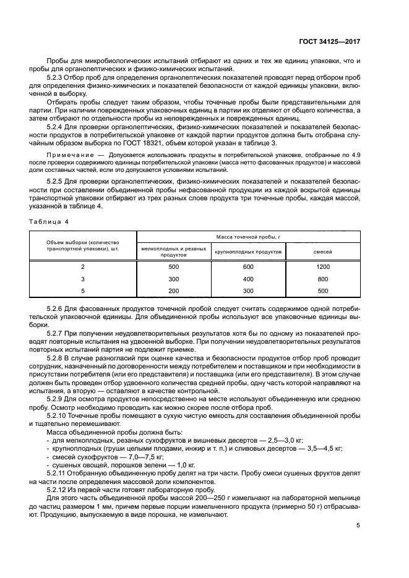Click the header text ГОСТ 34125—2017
pyautogui.click(x=329, y=41)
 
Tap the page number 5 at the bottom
pyautogui.click(x=358, y=526)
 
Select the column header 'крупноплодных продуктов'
pyautogui.click(x=249, y=252)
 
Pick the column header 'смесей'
pyautogui.click(x=322, y=252)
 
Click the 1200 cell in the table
pyautogui.click(x=322, y=267)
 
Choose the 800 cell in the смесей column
pyautogui.click(x=322, y=279)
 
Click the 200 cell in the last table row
pyautogui.click(x=173, y=291)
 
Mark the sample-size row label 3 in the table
pyautogui.click(x=83, y=279)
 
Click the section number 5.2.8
pyautogui.click(x=57, y=358)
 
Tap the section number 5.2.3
pyautogui.click(x=57, y=77)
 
